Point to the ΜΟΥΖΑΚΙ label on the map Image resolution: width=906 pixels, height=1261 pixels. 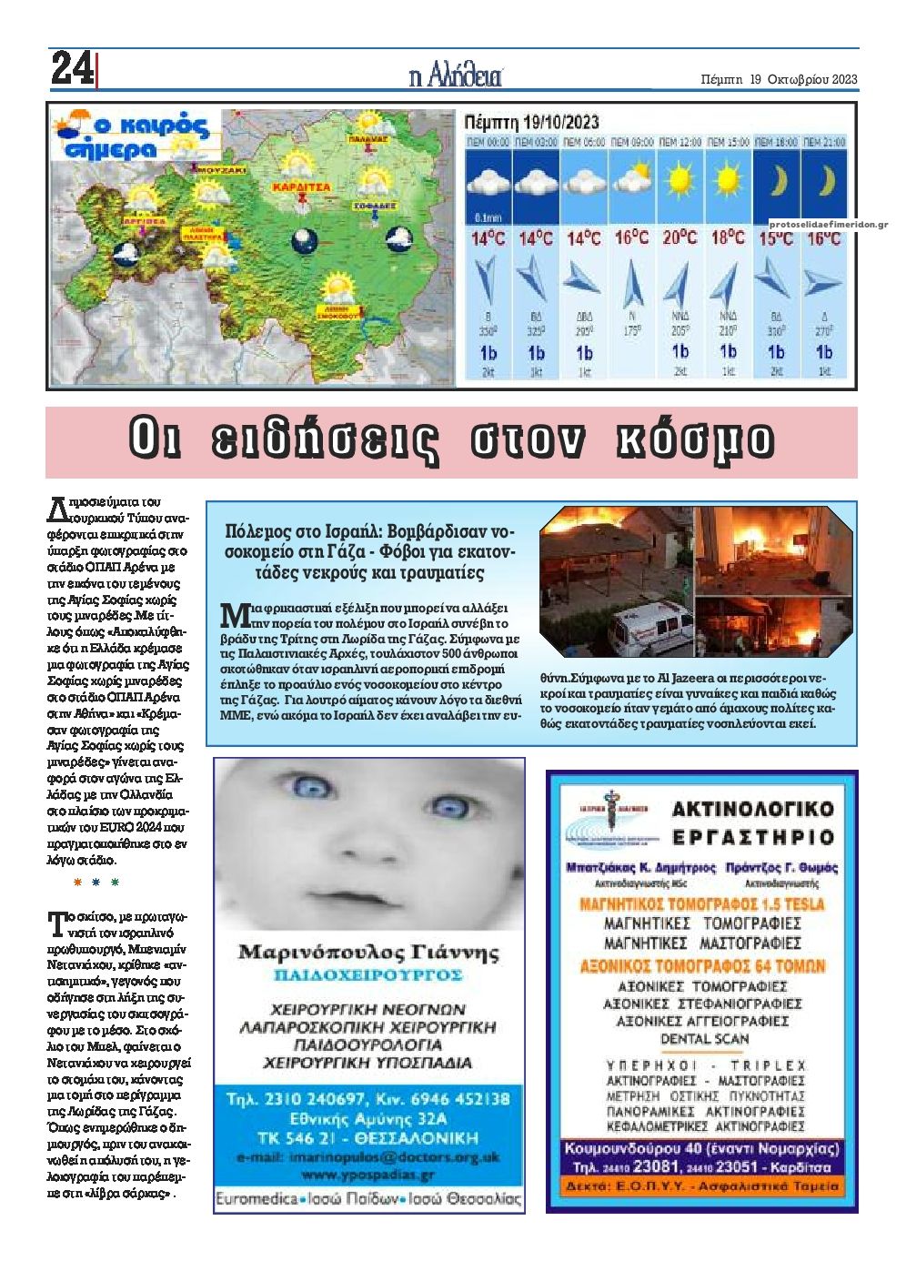coord(222,169)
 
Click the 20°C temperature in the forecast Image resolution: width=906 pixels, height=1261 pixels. coord(679,238)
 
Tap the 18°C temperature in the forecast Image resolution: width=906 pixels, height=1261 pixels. coord(727,238)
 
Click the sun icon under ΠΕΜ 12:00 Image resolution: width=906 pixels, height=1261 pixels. coord(679,181)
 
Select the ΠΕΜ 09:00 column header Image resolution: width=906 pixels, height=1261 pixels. coord(631,143)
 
